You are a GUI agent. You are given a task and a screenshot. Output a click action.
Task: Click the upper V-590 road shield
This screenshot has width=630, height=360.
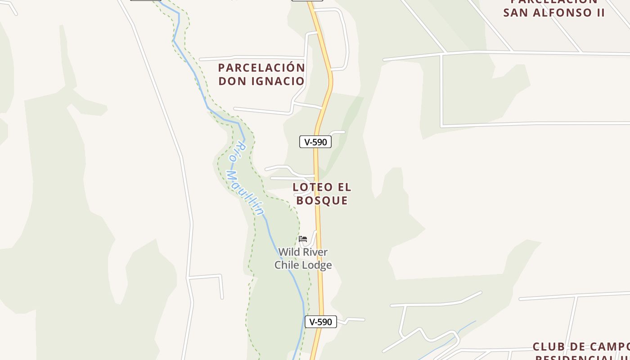pyautogui.click(x=315, y=142)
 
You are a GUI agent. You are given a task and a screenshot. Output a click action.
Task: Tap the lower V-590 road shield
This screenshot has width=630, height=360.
pyautogui.click(x=321, y=322)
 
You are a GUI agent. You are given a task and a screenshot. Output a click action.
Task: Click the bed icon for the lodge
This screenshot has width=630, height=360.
pyautogui.click(x=303, y=239)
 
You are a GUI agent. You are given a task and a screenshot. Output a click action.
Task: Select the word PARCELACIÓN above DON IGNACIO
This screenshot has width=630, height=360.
pyautogui.click(x=261, y=68)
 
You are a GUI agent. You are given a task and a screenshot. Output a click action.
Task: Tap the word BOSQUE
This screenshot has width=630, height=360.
pyautogui.click(x=322, y=201)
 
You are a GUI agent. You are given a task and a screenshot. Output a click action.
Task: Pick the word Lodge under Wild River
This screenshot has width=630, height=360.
pyautogui.click(x=317, y=265)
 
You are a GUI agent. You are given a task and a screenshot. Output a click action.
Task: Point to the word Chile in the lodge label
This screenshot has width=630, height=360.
pyautogui.click(x=287, y=265)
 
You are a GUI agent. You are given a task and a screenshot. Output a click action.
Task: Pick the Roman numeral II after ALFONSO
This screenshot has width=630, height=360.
pyautogui.click(x=600, y=13)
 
